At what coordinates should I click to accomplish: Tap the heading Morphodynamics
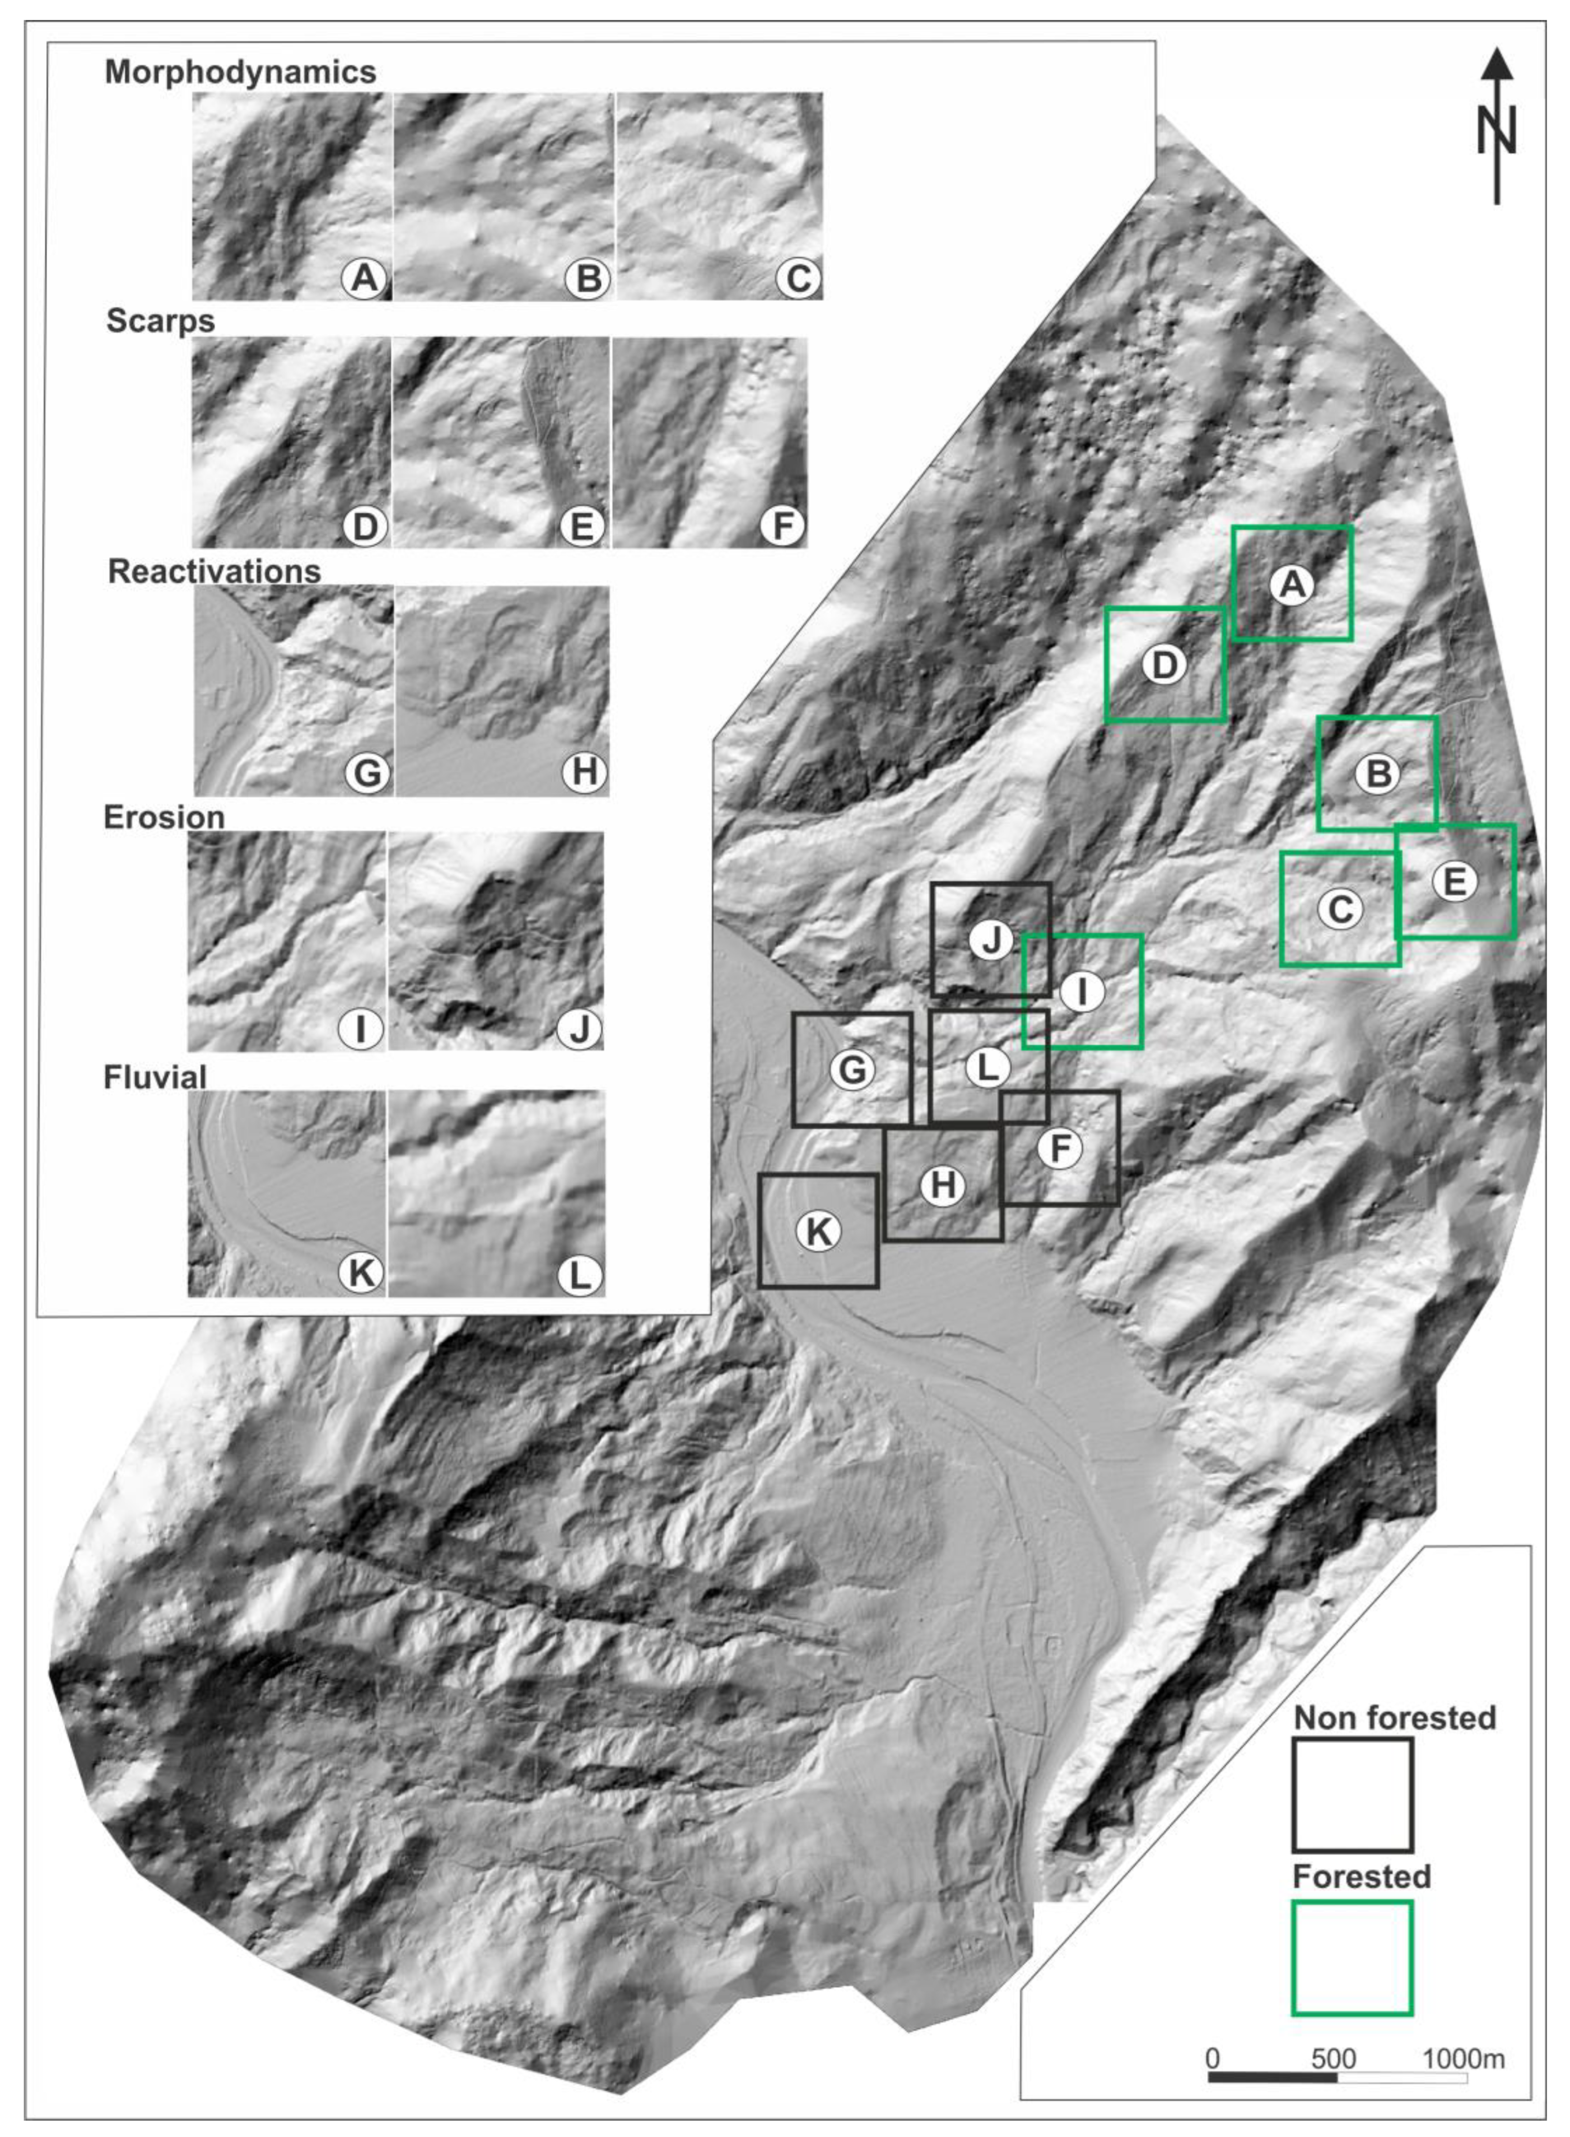pyautogui.click(x=241, y=72)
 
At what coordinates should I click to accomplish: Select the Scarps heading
pyautogui.click(x=161, y=321)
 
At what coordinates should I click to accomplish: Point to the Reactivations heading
pyautogui.click(x=215, y=571)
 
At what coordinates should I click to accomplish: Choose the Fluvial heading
pyautogui.click(x=155, y=1077)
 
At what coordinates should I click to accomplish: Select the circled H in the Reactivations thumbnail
pyautogui.click(x=584, y=773)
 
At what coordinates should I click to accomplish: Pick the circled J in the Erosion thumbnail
pyautogui.click(x=579, y=1028)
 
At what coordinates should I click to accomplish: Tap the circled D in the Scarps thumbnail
pyautogui.click(x=365, y=525)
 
